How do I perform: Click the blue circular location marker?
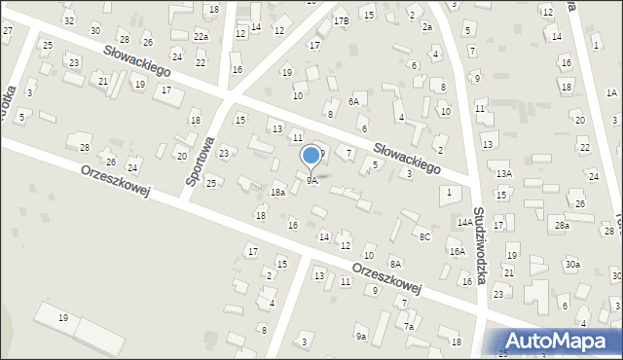[x=311, y=155]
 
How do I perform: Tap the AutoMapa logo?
[x=564, y=340]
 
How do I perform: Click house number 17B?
[x=341, y=20]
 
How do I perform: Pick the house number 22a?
[x=201, y=36]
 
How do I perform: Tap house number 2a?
[x=426, y=27]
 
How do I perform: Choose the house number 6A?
[x=355, y=101]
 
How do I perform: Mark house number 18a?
[x=277, y=194]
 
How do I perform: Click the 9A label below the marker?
[x=312, y=181]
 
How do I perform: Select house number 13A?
[x=503, y=173]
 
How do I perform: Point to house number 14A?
[x=465, y=222]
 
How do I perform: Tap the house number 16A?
[x=457, y=251]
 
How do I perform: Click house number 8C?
[x=424, y=236]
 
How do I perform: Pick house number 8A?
[x=395, y=263]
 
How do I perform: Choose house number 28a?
[x=562, y=226]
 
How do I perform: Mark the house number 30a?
[x=572, y=264]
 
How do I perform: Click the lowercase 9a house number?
[x=360, y=336]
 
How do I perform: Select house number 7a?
[x=410, y=327]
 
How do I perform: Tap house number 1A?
[x=610, y=92]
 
